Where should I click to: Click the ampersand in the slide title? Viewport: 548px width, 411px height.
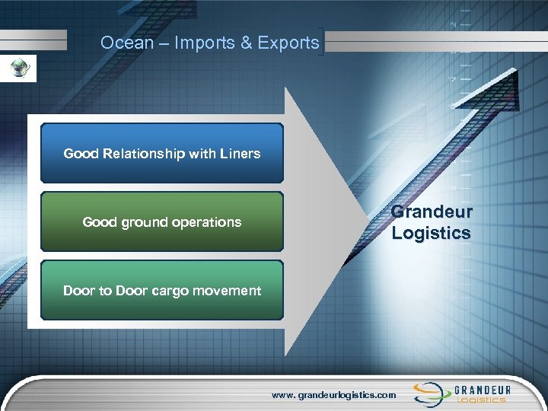[x=247, y=43]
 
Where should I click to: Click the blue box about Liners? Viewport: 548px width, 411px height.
[x=161, y=153]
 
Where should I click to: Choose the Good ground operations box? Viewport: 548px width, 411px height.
[x=161, y=221]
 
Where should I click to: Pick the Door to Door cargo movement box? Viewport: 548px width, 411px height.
[x=161, y=290]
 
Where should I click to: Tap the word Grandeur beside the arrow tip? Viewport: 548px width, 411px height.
[x=432, y=212]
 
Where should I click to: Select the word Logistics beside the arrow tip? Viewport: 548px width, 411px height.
[x=432, y=233]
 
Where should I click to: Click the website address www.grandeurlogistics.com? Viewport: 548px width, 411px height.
[x=334, y=395]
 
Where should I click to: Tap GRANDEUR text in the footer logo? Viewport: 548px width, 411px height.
[x=483, y=389]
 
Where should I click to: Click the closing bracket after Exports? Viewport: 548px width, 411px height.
[x=325, y=43]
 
